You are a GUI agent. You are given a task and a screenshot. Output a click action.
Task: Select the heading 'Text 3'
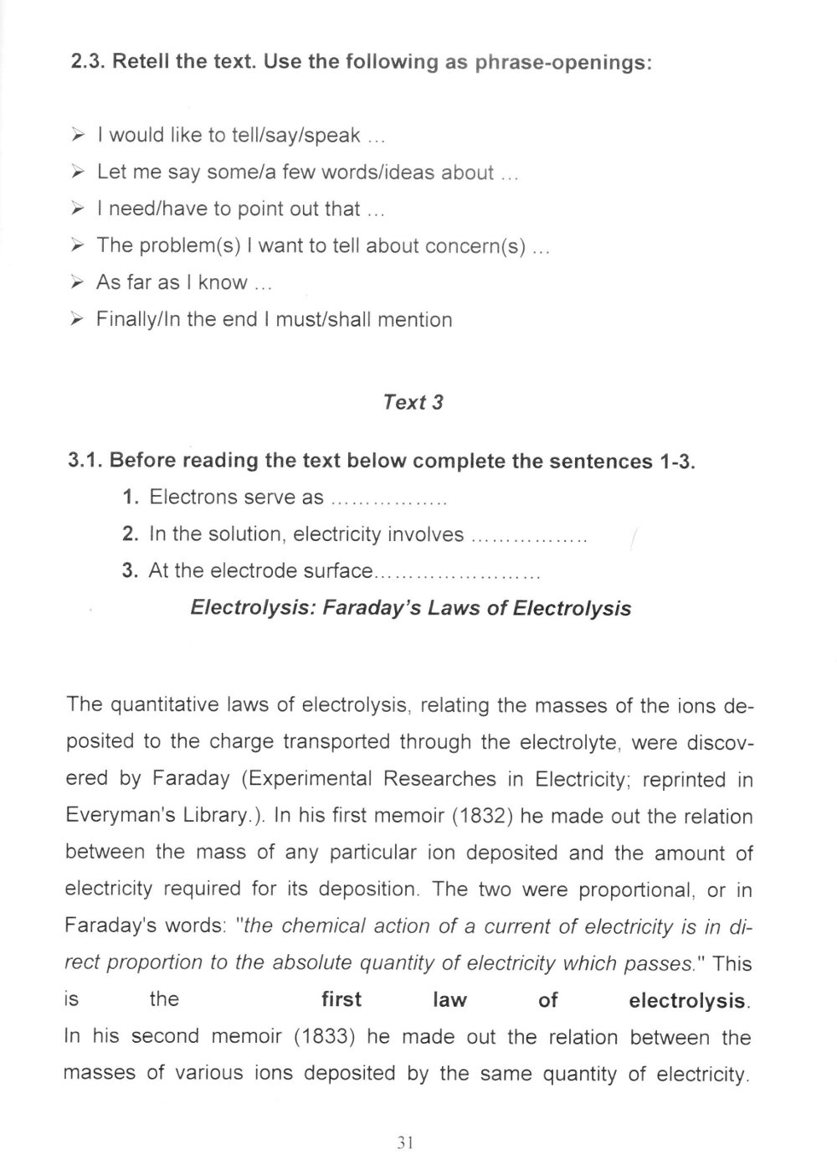(x=413, y=402)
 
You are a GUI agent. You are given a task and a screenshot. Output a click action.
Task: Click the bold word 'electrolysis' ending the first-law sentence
(x=688, y=1001)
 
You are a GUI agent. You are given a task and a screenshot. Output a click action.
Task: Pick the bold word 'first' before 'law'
(x=341, y=1000)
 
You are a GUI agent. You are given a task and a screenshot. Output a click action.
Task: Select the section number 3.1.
(x=86, y=461)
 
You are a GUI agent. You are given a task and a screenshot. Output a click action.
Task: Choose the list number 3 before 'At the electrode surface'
(x=129, y=571)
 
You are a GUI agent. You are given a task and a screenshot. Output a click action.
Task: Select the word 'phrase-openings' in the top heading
(x=563, y=64)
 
